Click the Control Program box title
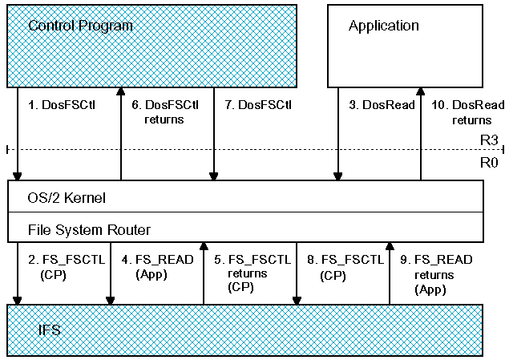click(x=80, y=26)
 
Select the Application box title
click(x=384, y=26)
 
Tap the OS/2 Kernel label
click(x=67, y=198)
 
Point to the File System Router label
click(x=89, y=230)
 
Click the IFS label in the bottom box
click(x=49, y=330)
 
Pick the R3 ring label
click(x=489, y=140)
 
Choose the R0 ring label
click(x=489, y=163)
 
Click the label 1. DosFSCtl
click(x=62, y=105)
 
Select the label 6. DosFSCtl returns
click(x=165, y=112)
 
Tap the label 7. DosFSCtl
click(x=258, y=105)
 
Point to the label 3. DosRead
click(x=382, y=105)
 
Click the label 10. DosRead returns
click(x=468, y=112)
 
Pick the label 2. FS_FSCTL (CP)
click(x=67, y=267)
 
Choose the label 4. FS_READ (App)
click(x=157, y=267)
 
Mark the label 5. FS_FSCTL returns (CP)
click(x=252, y=273)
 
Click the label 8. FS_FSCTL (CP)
click(x=345, y=267)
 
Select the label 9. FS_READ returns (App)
click(x=436, y=274)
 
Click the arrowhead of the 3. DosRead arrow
click(x=337, y=176)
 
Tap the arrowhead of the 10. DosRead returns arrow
click(x=420, y=91)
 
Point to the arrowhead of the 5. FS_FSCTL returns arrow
click(x=204, y=246)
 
